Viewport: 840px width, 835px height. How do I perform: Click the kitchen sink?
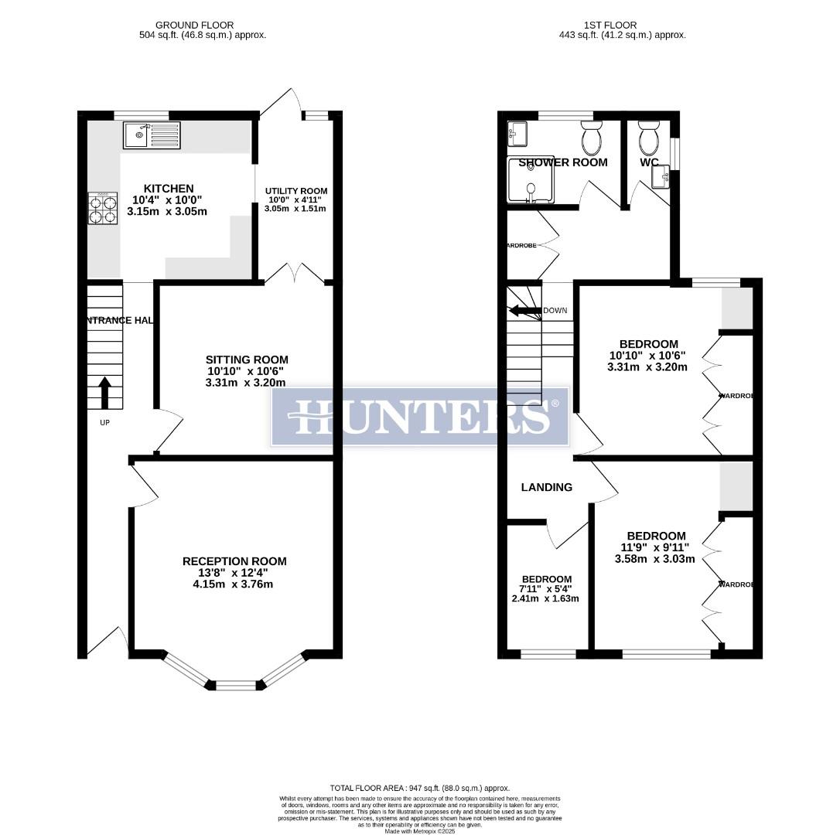coord(151,135)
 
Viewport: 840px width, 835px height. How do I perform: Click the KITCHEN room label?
coord(169,189)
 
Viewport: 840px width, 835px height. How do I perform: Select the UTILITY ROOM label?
coord(296,191)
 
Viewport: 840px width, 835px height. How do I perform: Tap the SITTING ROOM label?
coord(247,360)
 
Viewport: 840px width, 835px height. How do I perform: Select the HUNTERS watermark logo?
coord(420,417)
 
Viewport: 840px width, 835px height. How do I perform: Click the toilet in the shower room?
coord(592,138)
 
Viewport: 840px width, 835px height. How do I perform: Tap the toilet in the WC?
coord(648,138)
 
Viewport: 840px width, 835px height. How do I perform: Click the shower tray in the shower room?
coord(531,180)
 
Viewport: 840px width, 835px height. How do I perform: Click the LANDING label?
coord(546,487)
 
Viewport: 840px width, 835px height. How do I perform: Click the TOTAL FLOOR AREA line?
coord(418,784)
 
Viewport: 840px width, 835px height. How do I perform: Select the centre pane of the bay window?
coord(236,684)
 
